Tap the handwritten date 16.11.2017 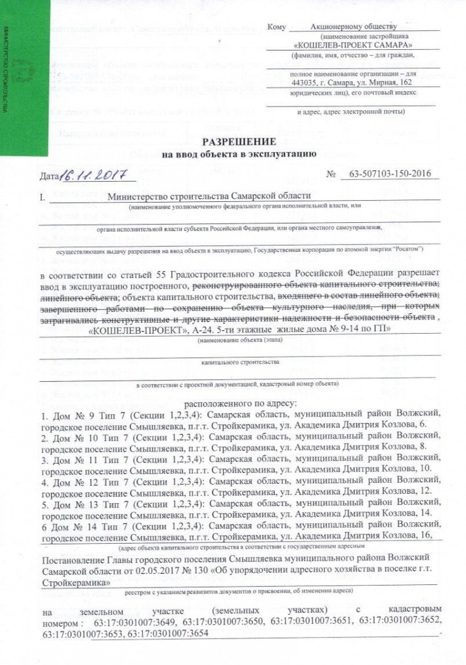[96, 176]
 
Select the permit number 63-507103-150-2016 [389, 175]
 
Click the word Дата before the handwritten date [49, 178]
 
